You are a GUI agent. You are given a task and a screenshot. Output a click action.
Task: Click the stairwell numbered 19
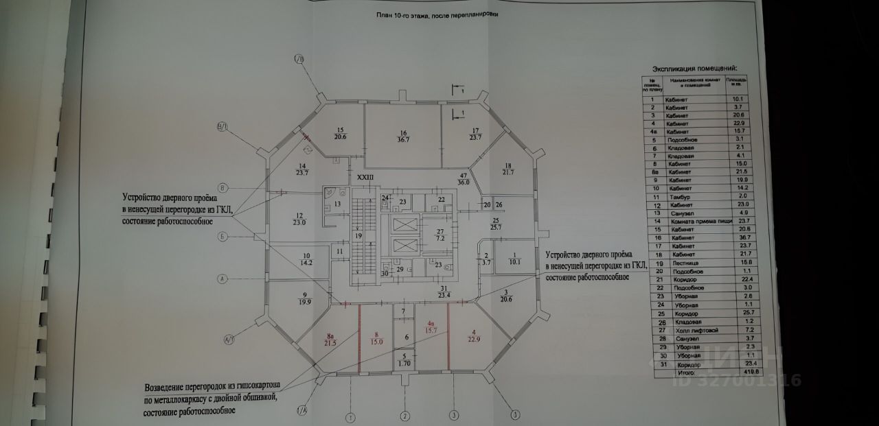point(358,235)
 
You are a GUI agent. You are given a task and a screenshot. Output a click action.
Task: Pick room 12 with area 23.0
point(298,217)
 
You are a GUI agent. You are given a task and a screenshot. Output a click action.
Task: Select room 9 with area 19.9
point(297,297)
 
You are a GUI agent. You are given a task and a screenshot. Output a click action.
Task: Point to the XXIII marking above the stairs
point(365,178)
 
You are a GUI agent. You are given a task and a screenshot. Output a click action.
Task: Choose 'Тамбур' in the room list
point(676,198)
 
